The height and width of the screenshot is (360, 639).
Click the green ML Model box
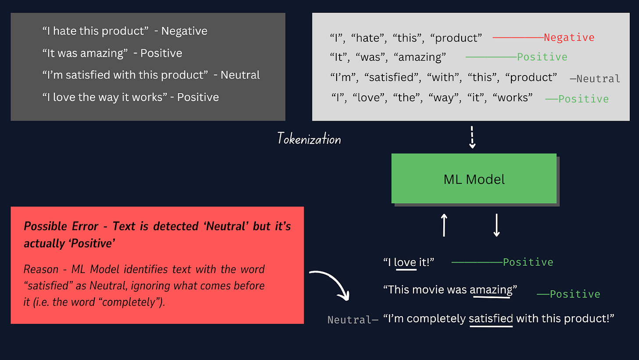(x=474, y=179)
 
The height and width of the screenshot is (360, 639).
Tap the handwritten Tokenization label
(x=309, y=139)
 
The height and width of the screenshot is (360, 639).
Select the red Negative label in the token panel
(x=569, y=38)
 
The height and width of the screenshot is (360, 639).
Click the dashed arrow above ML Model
(x=472, y=137)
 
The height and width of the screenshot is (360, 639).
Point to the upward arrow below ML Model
(x=444, y=225)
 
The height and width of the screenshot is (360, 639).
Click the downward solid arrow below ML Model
(x=496, y=225)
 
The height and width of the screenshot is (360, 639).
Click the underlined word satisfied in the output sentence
(x=491, y=318)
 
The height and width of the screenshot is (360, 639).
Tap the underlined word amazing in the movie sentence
(x=491, y=290)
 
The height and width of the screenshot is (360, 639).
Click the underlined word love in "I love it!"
(x=405, y=263)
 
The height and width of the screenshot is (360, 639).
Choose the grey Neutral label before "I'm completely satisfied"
(x=349, y=320)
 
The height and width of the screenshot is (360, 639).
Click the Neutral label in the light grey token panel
(x=598, y=79)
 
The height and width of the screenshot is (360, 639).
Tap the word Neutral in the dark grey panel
(x=240, y=75)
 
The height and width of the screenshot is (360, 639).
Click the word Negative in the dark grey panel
(x=184, y=31)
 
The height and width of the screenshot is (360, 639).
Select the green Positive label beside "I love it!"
(x=528, y=263)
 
